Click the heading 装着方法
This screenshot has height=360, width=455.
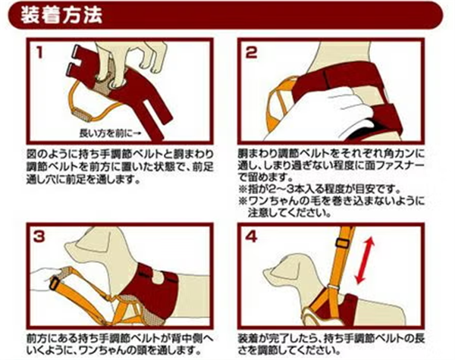(x=61, y=15)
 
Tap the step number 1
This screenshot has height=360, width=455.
(x=40, y=53)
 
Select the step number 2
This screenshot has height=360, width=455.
(x=251, y=53)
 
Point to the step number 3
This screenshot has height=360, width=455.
(x=39, y=236)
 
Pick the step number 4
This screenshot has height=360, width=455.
(x=251, y=236)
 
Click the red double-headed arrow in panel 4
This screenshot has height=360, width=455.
(x=365, y=259)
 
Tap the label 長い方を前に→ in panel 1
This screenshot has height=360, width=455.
(x=110, y=133)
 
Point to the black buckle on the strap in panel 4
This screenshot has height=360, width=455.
(x=343, y=243)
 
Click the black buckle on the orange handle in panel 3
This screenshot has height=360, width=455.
(x=55, y=283)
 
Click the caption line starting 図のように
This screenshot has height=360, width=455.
(x=120, y=153)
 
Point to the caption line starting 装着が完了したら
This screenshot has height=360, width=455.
(x=331, y=338)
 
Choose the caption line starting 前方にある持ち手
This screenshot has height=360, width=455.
(x=120, y=338)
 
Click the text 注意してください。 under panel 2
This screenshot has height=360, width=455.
(x=290, y=213)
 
